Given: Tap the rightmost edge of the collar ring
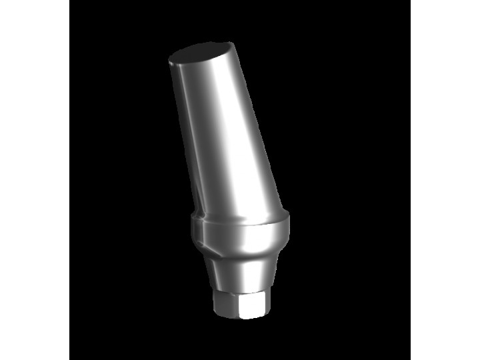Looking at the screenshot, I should tap(291, 227).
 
